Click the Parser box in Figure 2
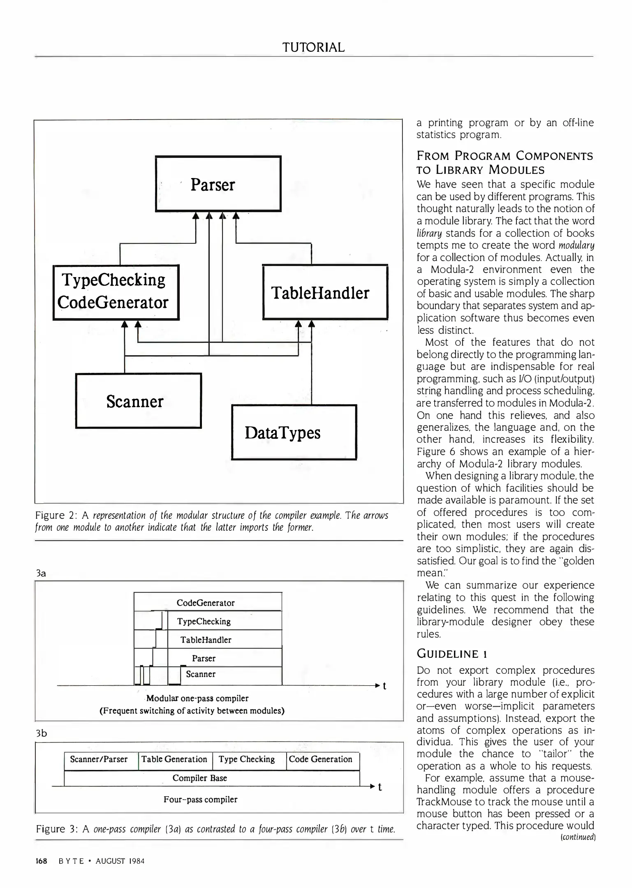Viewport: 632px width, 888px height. coord(218,184)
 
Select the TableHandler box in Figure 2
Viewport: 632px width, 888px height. coord(325,292)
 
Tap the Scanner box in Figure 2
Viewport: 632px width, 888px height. coord(138,401)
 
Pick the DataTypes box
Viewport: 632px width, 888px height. coord(294,432)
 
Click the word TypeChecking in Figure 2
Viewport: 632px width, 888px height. coord(113,280)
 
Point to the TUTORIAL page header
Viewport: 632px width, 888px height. coord(313,47)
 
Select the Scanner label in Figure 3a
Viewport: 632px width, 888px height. coord(201,674)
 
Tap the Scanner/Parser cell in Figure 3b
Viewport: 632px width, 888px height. coord(99,759)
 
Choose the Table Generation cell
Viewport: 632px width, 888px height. coord(174,759)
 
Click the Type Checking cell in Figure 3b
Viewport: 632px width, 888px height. coord(247,759)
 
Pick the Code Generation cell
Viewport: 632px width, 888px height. coord(321,759)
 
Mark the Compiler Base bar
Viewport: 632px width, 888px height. coord(200,778)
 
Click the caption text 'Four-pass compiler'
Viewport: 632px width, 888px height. coord(200,799)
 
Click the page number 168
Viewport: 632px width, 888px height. coord(42,861)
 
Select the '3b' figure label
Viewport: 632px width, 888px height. coord(42,733)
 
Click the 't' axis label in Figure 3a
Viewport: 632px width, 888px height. coord(384,686)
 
